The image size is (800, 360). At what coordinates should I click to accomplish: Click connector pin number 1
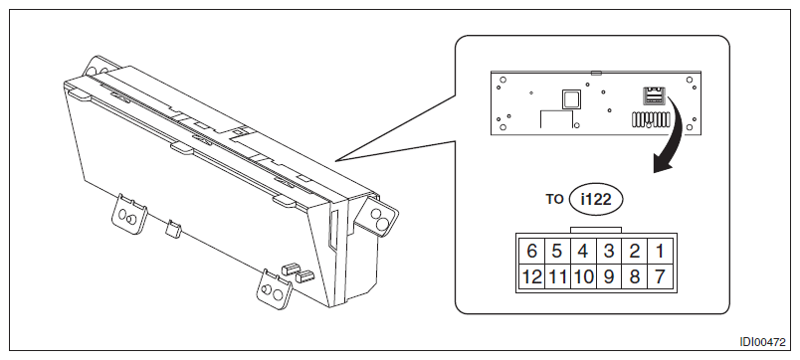pyautogui.click(x=661, y=251)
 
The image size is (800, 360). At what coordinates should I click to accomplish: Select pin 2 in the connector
pyautogui.click(x=635, y=251)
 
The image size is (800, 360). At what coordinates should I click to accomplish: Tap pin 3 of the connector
pyautogui.click(x=609, y=251)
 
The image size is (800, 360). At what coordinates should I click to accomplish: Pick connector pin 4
pyautogui.click(x=583, y=251)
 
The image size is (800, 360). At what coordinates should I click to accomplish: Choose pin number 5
pyautogui.click(x=557, y=251)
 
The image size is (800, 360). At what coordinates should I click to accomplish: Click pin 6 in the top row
pyautogui.click(x=532, y=251)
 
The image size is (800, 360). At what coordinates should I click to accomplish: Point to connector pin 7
pyautogui.click(x=661, y=276)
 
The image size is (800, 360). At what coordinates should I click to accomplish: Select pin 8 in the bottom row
pyautogui.click(x=635, y=276)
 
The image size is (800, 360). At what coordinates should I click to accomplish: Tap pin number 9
pyautogui.click(x=609, y=276)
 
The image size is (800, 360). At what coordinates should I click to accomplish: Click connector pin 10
pyautogui.click(x=583, y=276)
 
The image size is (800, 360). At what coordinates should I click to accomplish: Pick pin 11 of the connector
pyautogui.click(x=557, y=276)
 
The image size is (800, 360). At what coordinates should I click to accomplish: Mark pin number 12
pyautogui.click(x=532, y=276)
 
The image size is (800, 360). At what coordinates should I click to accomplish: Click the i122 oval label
pyautogui.click(x=596, y=199)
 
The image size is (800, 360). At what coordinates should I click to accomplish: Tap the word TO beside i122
pyautogui.click(x=554, y=199)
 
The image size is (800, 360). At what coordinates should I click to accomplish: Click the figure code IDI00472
pyautogui.click(x=763, y=342)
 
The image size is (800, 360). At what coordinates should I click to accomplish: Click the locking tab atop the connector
pyautogui.click(x=596, y=230)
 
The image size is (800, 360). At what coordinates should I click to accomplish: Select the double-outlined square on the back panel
pyautogui.click(x=571, y=98)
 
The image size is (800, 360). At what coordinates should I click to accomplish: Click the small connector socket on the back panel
pyautogui.click(x=654, y=95)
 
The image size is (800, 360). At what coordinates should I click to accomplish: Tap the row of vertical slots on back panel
pyautogui.click(x=651, y=118)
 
